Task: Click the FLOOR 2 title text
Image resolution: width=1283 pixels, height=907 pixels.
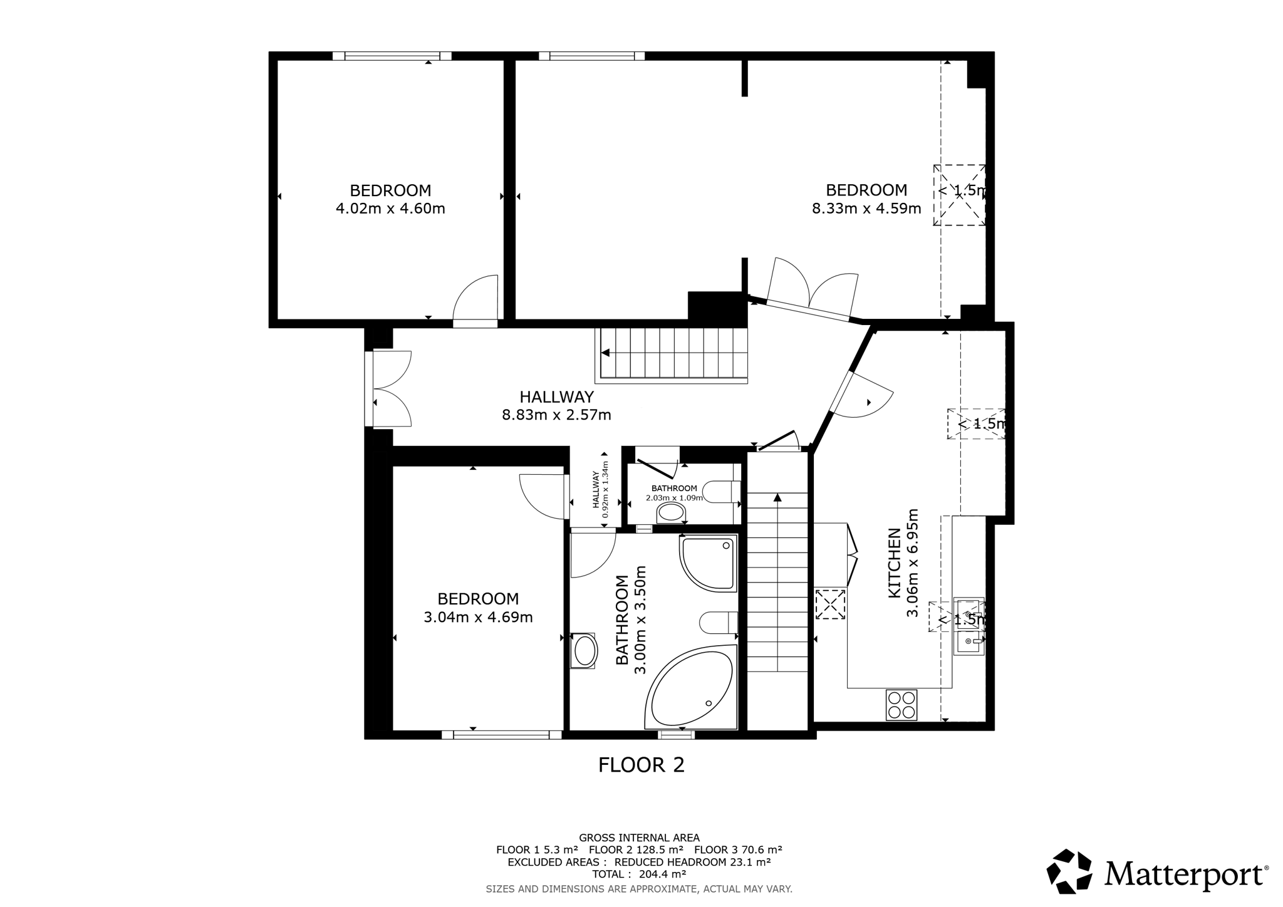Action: pos(641,765)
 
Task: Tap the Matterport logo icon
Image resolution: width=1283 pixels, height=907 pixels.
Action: pos(1069,871)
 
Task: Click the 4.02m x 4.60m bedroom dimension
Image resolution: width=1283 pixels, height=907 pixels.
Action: pos(390,209)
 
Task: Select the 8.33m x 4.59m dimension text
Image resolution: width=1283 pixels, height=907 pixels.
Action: pos(866,209)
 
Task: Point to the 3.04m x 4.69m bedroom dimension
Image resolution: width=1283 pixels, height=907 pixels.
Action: pos(478,617)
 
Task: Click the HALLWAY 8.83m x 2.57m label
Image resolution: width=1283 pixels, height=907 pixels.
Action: pos(556,406)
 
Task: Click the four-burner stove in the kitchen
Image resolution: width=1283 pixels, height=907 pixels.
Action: pos(901,705)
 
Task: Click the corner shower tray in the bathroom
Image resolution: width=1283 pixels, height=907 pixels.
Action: pos(709,562)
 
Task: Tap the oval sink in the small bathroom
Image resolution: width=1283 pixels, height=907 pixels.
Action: pos(671,512)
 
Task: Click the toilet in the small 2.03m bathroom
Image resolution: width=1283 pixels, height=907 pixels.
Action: pos(722,492)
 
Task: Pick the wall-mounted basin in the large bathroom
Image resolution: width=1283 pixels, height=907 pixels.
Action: pos(585,651)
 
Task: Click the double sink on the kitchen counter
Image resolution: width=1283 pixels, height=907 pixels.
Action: pos(969,626)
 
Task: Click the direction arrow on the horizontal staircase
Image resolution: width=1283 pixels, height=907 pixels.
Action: pos(605,353)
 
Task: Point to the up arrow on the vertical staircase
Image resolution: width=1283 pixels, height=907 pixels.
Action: pos(777,498)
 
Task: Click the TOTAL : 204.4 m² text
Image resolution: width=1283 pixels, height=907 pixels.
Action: pos(639,874)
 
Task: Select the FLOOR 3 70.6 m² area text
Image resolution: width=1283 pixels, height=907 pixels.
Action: pos(738,850)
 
